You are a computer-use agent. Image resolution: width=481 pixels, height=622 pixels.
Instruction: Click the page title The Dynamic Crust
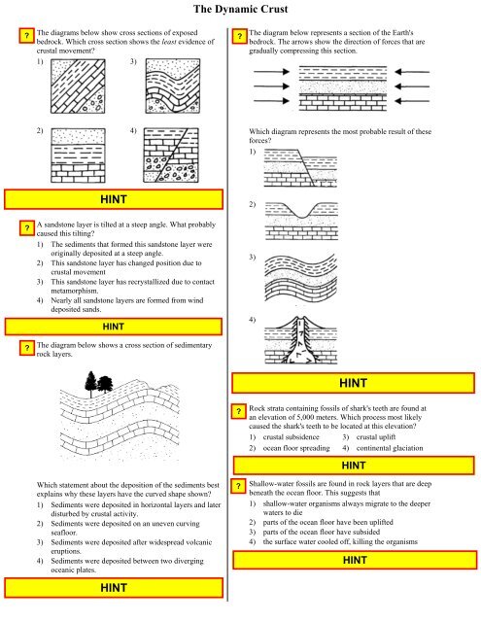click(240, 9)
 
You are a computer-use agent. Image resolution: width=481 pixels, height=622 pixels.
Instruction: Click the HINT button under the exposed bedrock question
click(114, 199)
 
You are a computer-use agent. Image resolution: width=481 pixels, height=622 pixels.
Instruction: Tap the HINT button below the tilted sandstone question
click(114, 327)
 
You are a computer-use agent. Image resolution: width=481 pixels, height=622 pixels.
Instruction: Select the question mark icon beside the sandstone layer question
click(27, 228)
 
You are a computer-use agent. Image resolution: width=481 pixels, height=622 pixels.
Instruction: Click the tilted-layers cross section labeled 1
click(78, 86)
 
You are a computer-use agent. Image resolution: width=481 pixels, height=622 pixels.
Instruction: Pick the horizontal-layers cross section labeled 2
click(78, 155)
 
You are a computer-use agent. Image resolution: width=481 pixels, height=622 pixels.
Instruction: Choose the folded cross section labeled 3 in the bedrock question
click(173, 86)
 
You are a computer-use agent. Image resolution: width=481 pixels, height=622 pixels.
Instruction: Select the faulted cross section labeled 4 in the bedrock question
click(171, 155)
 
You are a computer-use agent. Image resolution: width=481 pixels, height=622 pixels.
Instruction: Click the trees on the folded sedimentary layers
click(99, 384)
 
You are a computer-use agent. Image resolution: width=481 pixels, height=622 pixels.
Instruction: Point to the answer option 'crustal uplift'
click(376, 437)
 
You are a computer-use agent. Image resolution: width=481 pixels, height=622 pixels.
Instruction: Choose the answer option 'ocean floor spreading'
click(296, 448)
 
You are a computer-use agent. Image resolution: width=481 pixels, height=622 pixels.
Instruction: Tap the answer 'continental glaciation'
click(390, 448)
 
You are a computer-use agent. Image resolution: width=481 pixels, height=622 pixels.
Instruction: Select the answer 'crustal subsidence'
click(292, 437)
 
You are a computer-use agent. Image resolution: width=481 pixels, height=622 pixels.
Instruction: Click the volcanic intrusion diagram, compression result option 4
click(300, 340)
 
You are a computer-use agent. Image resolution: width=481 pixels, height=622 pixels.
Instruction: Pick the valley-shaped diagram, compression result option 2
click(301, 221)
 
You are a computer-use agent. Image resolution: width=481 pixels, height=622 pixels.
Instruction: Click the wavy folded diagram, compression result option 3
click(301, 279)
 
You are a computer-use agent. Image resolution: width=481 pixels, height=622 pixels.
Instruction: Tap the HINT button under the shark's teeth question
click(354, 466)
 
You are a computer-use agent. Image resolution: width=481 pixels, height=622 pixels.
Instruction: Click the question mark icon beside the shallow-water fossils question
click(238, 486)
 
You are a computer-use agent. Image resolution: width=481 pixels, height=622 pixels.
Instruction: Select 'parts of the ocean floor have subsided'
click(322, 532)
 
